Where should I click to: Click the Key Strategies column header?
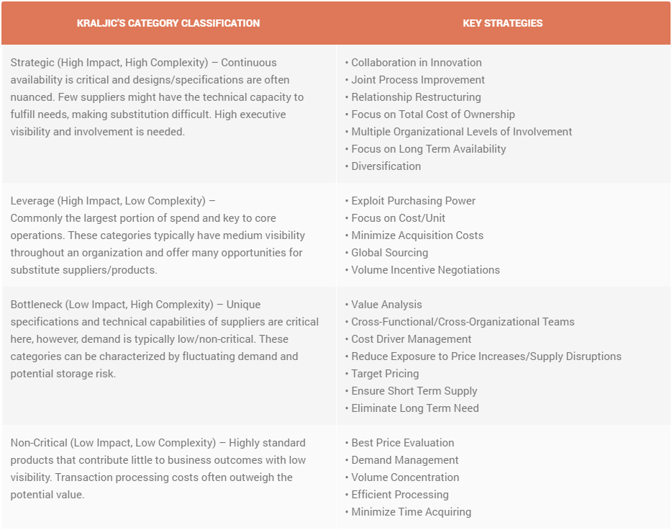502,23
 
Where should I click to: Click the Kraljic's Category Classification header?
168,23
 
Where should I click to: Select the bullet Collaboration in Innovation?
416,63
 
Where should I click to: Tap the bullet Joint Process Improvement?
417,80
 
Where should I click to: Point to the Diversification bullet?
386,166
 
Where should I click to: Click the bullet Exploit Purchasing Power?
413,201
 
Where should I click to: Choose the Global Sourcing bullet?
389,253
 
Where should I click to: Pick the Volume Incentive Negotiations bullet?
425,270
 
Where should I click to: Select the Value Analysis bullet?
386,305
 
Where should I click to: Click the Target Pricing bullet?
385,374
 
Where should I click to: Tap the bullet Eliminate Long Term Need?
414,408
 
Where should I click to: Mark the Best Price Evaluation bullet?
402,443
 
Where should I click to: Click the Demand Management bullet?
404,460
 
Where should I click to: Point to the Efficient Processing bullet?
399,495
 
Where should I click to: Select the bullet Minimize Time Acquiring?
411,512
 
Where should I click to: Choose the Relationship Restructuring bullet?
416,97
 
